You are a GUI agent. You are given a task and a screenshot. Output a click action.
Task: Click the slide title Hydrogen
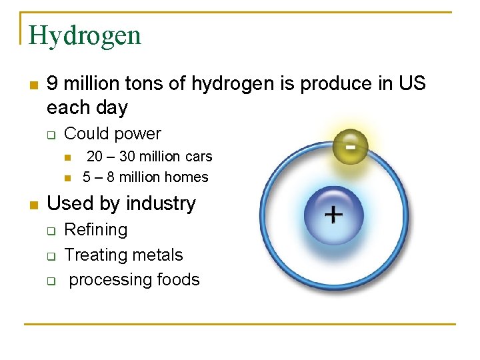(85, 35)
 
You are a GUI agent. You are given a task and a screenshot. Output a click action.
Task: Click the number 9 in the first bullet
(53, 84)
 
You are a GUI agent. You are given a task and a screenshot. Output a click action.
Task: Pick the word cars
(198, 157)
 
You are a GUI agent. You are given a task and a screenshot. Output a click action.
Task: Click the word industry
(163, 203)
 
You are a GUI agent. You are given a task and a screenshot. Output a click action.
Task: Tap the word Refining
(95, 230)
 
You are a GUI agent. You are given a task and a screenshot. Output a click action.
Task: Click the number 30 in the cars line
(127, 157)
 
